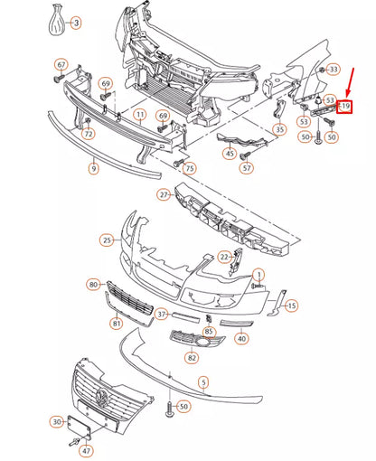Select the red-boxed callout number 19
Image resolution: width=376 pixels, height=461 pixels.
click(344, 108)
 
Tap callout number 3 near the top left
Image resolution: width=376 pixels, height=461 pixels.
click(75, 21)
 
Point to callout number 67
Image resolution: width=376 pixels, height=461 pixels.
click(61, 64)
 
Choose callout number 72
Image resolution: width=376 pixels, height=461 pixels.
click(88, 134)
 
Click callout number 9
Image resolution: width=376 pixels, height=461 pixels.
click(93, 168)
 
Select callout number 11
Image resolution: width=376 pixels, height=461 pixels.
click(140, 116)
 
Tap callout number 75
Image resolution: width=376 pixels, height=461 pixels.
click(189, 169)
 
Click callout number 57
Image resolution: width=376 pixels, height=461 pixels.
click(248, 167)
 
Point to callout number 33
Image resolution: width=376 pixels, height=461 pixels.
click(334, 69)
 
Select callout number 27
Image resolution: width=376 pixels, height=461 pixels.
click(164, 194)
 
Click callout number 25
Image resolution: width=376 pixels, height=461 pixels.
click(107, 240)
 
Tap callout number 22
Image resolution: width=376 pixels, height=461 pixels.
click(224, 257)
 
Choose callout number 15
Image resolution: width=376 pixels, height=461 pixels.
click(292, 306)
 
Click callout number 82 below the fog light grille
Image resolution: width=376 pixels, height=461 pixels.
click(191, 358)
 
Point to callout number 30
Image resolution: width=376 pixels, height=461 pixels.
click(57, 421)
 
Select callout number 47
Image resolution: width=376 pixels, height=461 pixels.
click(87, 449)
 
